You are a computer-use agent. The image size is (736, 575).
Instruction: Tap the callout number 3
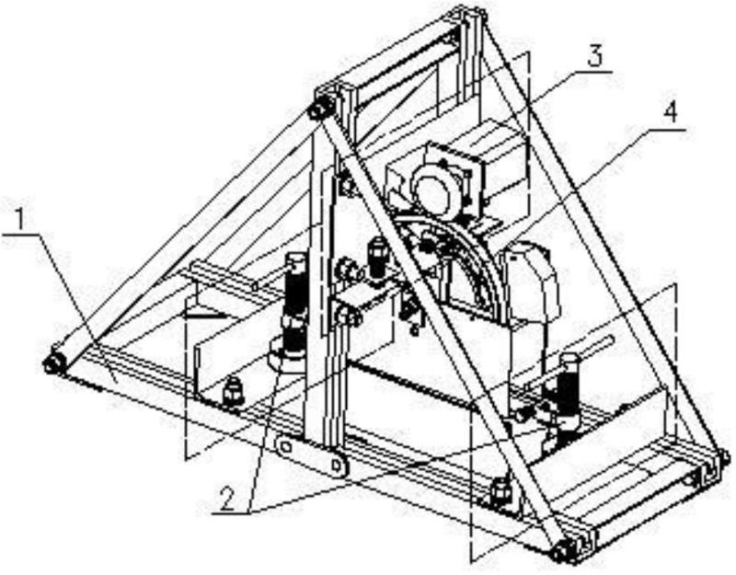[x=596, y=57]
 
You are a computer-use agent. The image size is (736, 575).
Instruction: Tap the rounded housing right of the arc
[x=533, y=281]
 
